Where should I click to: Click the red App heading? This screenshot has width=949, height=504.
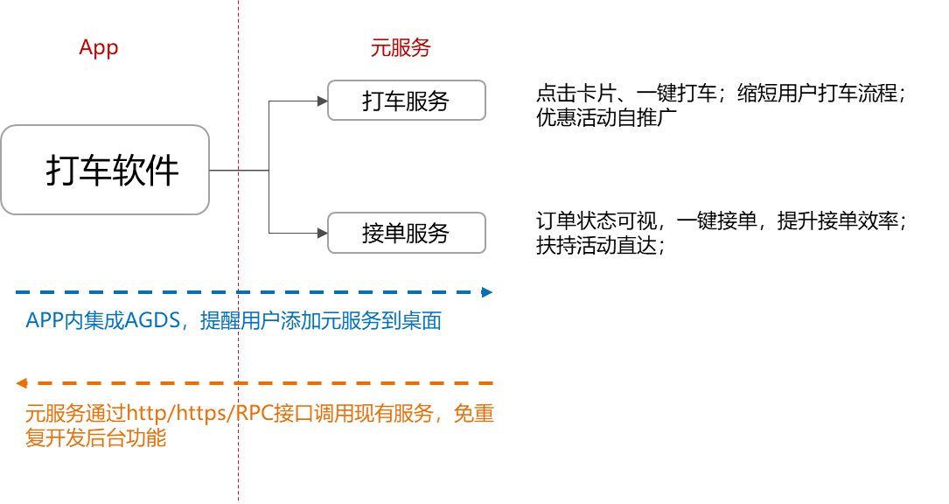point(98,47)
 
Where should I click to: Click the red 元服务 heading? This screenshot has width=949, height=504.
point(401,49)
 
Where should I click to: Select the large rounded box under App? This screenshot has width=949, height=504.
point(105,170)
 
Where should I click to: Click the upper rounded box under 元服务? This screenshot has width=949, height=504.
point(407,100)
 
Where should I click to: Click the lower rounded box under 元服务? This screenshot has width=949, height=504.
point(407,233)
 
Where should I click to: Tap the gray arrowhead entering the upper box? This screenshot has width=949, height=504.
point(322,101)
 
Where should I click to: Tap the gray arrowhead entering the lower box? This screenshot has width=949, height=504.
point(322,233)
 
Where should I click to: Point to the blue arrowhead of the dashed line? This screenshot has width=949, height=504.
point(487,292)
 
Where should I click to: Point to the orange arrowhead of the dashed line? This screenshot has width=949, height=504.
point(21,383)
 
